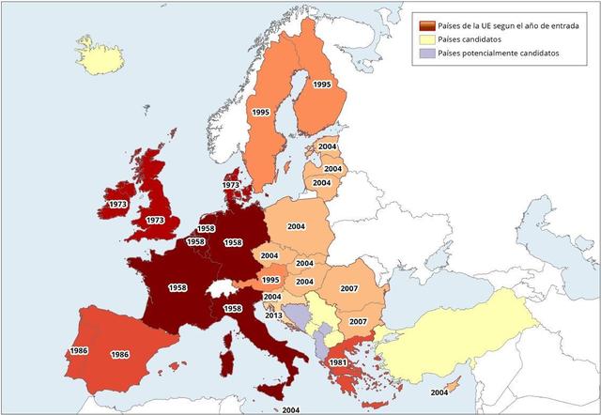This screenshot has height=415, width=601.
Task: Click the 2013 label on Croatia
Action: pos(272,315)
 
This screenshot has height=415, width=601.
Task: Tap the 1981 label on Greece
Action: pos(339,362)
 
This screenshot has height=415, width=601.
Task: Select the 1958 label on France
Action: pos(177,287)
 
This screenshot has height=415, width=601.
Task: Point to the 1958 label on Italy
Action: pos(233,309)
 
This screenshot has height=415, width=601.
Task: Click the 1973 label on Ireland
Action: pos(117,204)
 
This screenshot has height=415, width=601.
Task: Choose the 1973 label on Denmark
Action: pos(231,186)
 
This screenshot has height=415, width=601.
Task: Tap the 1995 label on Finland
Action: pos(322,85)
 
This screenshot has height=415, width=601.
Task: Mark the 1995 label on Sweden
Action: pos(261,112)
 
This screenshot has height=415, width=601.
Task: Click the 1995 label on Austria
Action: pos(270,280)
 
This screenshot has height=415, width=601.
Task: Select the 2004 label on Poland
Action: pos(297,226)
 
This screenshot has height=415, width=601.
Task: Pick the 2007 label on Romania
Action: pos(349,288)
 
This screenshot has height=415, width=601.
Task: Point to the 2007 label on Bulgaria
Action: pos(358,322)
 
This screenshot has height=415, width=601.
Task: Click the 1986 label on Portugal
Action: pos(78,351)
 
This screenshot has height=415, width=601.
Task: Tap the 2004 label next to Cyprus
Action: pos(439,392)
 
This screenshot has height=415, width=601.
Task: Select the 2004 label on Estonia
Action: pos(328,147)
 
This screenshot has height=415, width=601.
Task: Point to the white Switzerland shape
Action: pos(220,287)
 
